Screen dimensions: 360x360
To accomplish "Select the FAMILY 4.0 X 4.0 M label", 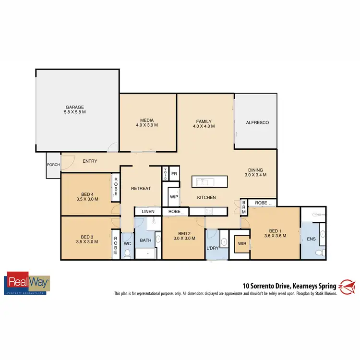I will [x=204, y=124].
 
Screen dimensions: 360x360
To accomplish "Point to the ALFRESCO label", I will [x=257, y=123].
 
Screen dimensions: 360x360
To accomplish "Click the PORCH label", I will [x=53, y=165].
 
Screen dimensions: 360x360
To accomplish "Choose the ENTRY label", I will [x=90, y=161].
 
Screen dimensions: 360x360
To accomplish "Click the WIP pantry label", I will [x=174, y=196].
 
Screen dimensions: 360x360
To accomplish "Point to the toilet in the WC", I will [x=127, y=254].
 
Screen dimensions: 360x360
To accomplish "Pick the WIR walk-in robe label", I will [x=240, y=243].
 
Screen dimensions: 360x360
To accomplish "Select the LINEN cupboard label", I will [x=147, y=211].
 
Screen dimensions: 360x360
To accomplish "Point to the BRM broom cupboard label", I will [x=243, y=207].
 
